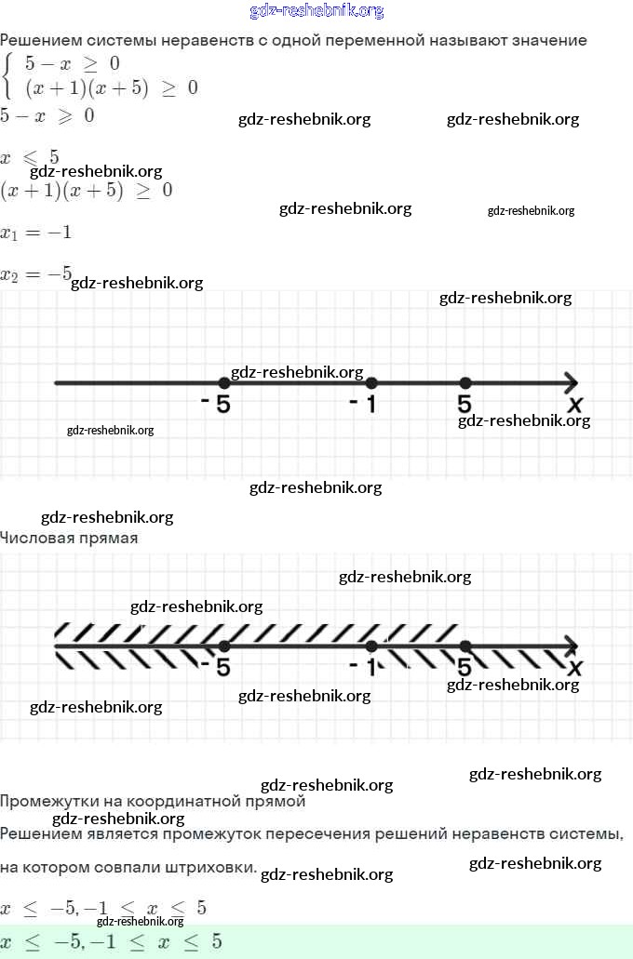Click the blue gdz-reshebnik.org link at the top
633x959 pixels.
point(316,11)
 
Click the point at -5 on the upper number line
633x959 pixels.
point(223,383)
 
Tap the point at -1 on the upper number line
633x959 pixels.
point(371,383)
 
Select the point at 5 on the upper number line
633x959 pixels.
point(465,383)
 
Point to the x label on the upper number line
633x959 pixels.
point(575,405)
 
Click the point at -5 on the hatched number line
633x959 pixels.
point(223,646)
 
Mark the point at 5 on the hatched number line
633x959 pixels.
point(465,646)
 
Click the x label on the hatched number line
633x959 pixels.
point(575,668)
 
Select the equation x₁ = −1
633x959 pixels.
point(35,233)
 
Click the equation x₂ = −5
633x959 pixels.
point(35,274)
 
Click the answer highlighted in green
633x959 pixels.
point(112,941)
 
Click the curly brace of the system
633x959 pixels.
point(7,76)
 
